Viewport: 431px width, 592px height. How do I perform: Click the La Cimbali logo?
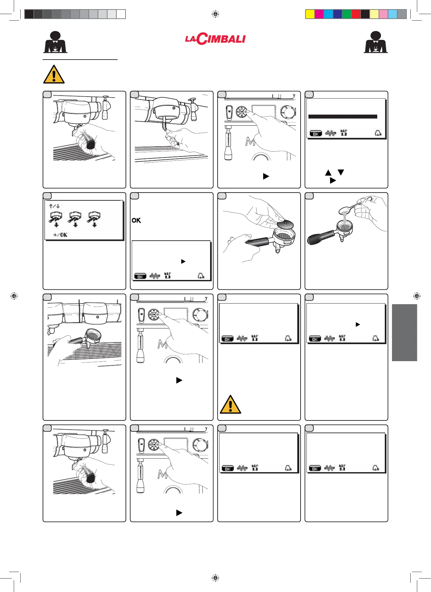tap(215, 39)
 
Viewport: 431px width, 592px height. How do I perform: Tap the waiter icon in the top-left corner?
tap(55, 42)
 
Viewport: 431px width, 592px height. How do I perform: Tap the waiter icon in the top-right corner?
tap(376, 42)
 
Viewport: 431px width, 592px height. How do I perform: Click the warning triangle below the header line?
tap(54, 75)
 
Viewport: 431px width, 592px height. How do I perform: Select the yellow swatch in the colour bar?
tap(310, 14)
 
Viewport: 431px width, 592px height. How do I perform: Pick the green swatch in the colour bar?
tap(346, 14)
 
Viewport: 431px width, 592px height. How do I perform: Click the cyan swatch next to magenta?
tap(328, 14)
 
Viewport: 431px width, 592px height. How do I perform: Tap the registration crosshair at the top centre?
tap(215, 14)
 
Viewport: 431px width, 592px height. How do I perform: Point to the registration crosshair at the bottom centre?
tap(215, 578)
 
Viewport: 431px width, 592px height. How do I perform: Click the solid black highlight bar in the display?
tap(343, 117)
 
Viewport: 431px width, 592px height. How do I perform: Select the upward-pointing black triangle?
tap(328, 173)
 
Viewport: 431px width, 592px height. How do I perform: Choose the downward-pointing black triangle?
tap(341, 172)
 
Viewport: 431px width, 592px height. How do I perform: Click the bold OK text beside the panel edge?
tap(136, 220)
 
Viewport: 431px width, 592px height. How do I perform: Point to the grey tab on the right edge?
tap(404, 333)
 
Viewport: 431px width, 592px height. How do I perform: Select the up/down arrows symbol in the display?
tap(54, 206)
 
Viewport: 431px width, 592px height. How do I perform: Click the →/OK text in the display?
tap(60, 235)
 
